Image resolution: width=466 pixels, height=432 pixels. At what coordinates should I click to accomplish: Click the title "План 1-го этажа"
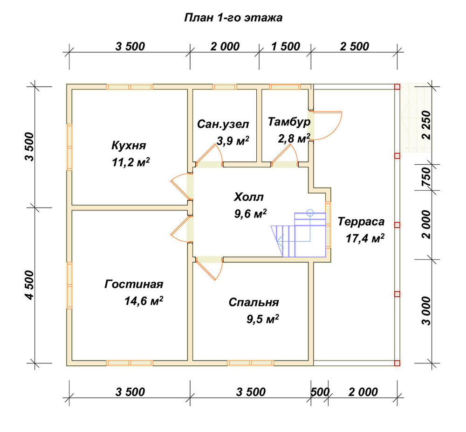click(233, 18)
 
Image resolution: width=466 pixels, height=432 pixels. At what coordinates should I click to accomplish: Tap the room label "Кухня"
click(129, 146)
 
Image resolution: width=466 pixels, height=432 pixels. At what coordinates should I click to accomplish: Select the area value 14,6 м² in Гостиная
click(144, 301)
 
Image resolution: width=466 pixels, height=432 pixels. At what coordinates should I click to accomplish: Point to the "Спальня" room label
click(254, 302)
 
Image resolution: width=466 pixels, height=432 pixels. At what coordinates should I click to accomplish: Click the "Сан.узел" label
click(223, 124)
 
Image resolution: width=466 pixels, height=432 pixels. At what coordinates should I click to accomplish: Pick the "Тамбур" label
click(289, 122)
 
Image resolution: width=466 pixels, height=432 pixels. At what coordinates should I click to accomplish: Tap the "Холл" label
click(249, 197)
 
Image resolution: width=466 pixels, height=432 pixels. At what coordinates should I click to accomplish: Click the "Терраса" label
click(361, 222)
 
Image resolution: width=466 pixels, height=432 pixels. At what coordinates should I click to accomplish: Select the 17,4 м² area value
click(365, 238)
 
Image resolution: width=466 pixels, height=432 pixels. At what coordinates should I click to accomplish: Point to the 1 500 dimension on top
click(286, 46)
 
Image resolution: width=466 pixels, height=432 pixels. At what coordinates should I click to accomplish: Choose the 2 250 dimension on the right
click(426, 125)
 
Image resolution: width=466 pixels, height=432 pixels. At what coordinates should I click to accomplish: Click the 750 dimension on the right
click(426, 177)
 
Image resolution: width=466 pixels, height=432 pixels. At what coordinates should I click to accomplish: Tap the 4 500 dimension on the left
click(30, 285)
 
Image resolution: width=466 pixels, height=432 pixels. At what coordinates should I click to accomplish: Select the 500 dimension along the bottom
click(320, 392)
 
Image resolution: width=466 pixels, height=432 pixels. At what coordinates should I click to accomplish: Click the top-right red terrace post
click(397, 87)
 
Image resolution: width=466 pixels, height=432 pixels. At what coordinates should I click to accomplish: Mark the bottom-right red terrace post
click(397, 363)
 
